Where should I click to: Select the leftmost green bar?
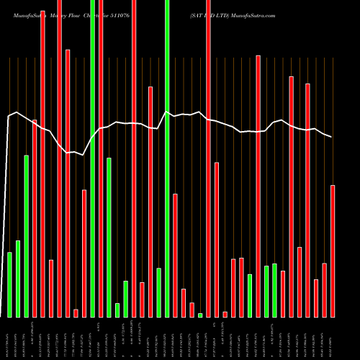point(9,284)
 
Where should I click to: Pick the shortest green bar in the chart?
point(200,315)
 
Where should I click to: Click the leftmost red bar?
point(35,218)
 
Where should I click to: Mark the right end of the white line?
point(332,137)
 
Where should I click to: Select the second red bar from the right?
point(324,290)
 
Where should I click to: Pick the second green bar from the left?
point(18,279)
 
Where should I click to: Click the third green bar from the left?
point(26,236)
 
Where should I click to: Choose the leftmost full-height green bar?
point(92,158)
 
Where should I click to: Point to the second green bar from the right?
point(266,292)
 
